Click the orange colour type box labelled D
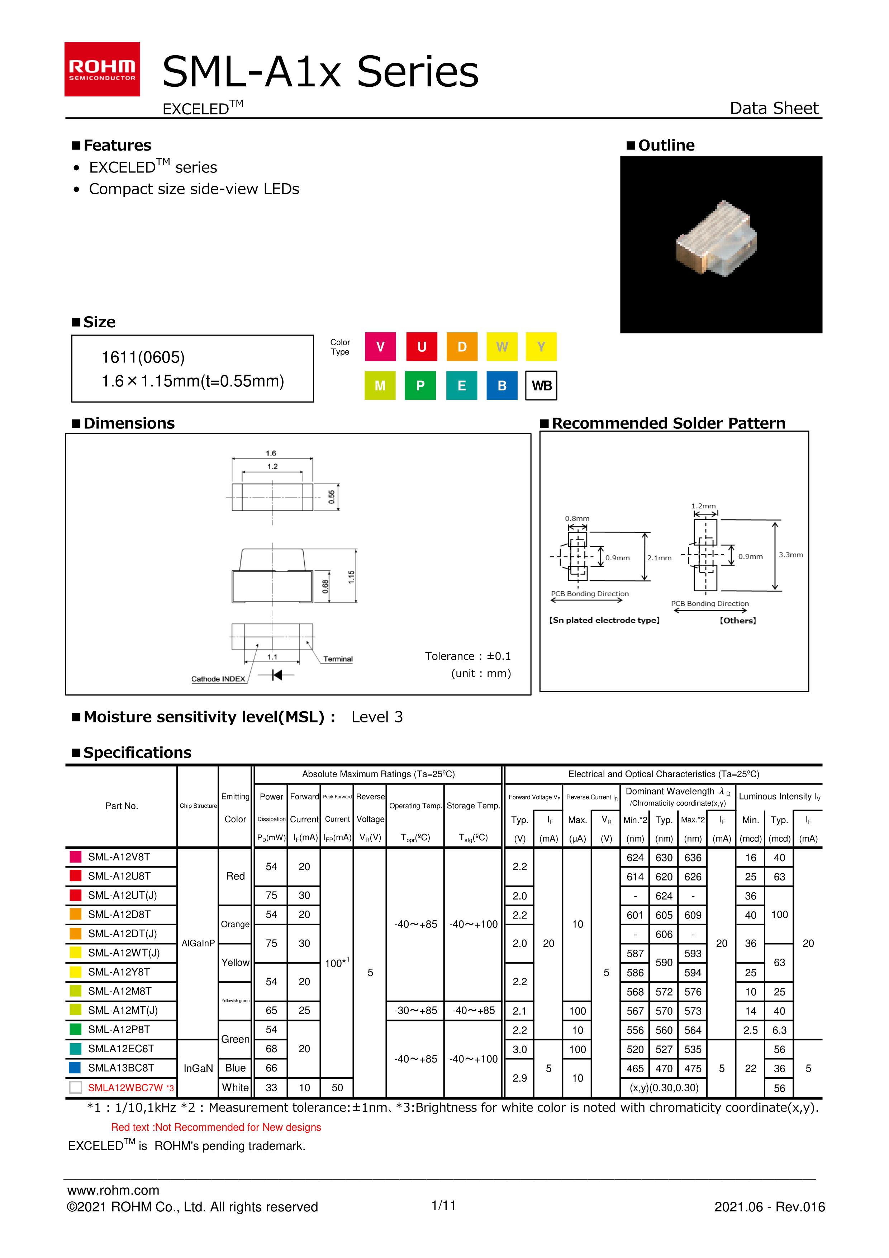462,347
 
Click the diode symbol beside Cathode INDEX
277,674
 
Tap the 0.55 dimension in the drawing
331,497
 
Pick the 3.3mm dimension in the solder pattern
790,555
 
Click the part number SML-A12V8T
119,857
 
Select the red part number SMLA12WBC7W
125,1088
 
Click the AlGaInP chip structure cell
198,943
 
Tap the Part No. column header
122,806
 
